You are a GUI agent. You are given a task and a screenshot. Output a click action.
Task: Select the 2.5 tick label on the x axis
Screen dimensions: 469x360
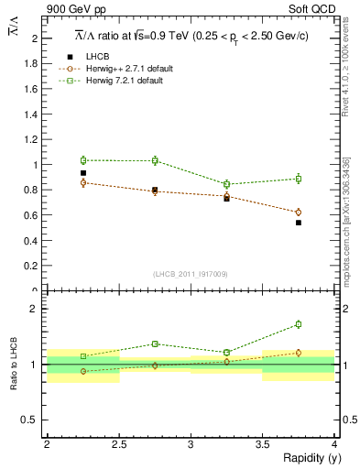pyautogui.click(x=118, y=444)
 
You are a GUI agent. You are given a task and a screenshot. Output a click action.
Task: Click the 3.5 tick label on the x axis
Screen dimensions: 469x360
pyautogui.click(x=262, y=444)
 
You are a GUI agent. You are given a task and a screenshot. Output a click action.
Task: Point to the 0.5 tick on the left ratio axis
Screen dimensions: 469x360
pyautogui.click(x=33, y=420)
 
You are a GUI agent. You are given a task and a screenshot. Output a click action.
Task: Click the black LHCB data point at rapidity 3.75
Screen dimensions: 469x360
pyautogui.click(x=298, y=223)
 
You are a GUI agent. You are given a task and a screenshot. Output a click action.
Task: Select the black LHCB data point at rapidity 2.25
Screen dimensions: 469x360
pyautogui.click(x=83, y=173)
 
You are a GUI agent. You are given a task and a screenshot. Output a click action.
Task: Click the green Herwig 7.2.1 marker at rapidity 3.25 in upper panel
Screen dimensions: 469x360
pyautogui.click(x=226, y=184)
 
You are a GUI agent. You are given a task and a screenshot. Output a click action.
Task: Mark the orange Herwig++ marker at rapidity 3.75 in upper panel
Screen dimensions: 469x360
pyautogui.click(x=298, y=213)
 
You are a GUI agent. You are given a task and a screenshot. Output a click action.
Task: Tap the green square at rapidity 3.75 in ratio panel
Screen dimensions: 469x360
pyautogui.click(x=298, y=324)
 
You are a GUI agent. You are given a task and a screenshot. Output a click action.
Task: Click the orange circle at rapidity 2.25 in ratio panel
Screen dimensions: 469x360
pyautogui.click(x=83, y=371)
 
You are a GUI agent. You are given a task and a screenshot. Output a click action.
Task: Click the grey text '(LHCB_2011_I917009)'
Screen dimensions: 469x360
pyautogui.click(x=191, y=274)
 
